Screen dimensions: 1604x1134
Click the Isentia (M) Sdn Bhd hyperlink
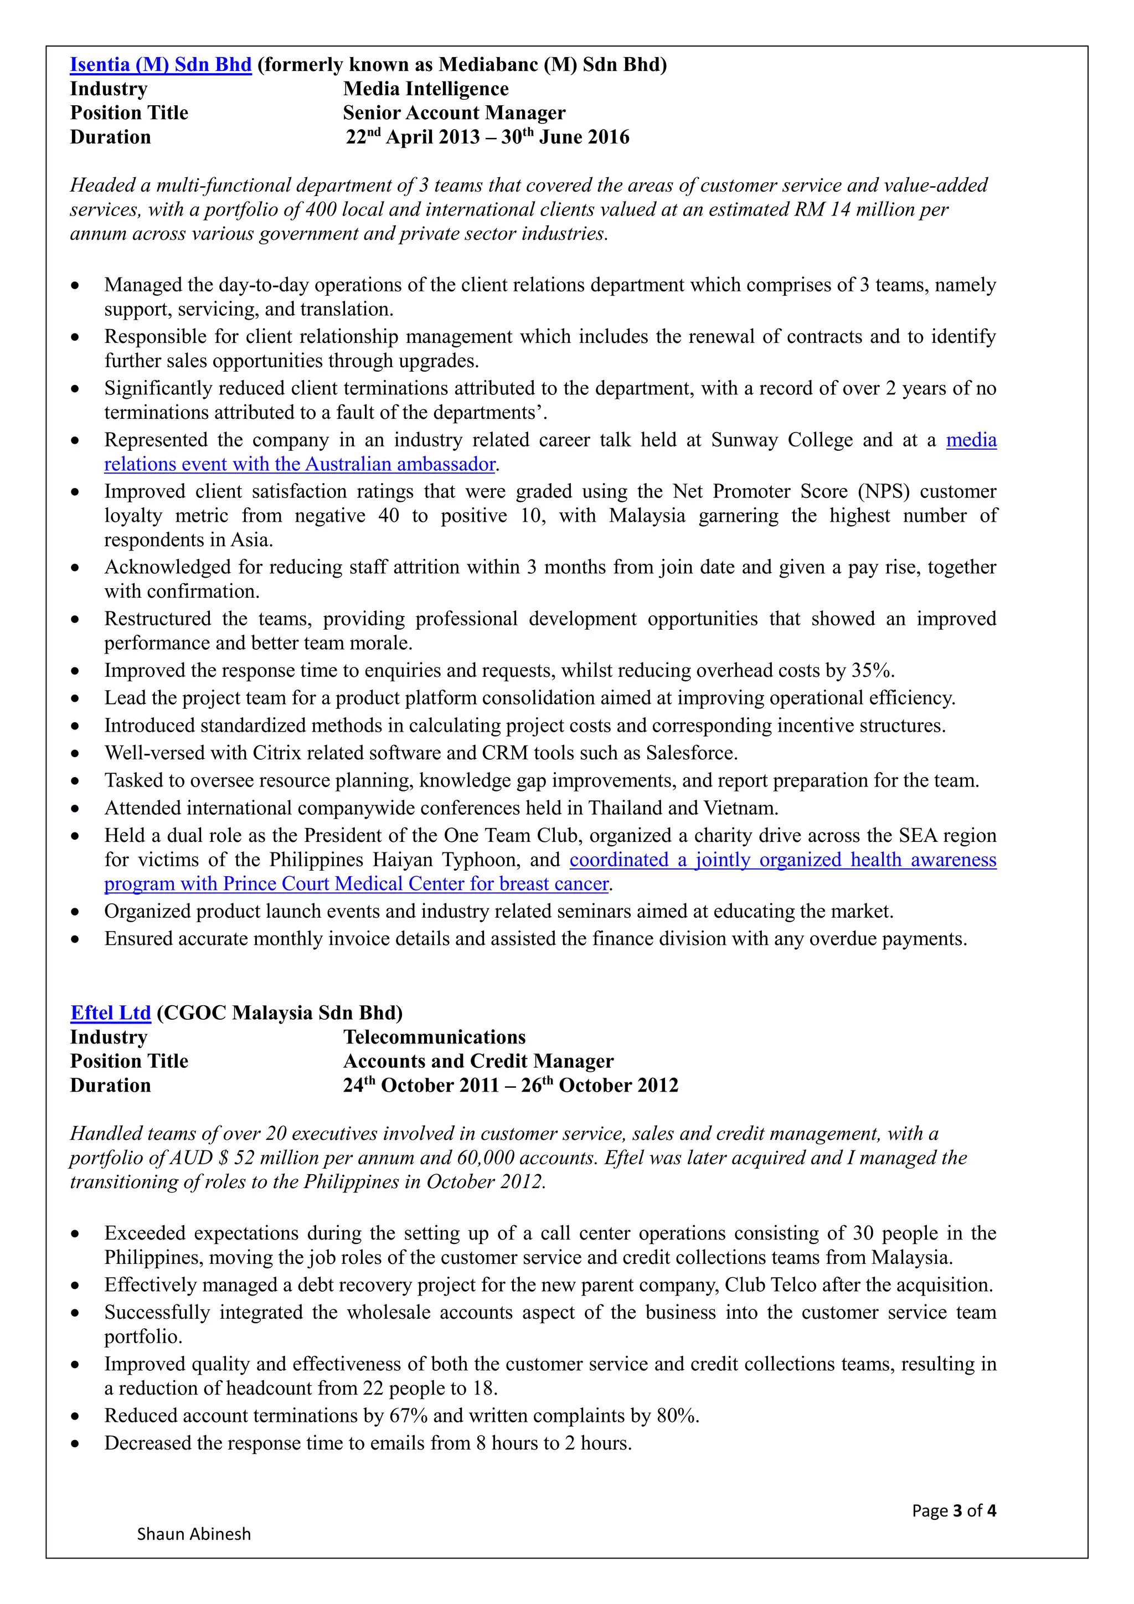pos(160,64)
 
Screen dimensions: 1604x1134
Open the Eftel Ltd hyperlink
pos(110,1012)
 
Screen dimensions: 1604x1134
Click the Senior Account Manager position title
pos(454,112)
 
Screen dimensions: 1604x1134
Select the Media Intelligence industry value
pos(425,89)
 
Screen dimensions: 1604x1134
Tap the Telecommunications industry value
pos(434,1037)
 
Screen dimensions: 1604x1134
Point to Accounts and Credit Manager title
pos(478,1061)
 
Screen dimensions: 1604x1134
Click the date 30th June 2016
pos(565,137)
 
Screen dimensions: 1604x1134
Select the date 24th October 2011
pos(420,1085)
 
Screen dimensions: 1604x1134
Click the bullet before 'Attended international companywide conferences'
pos(75,809)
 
